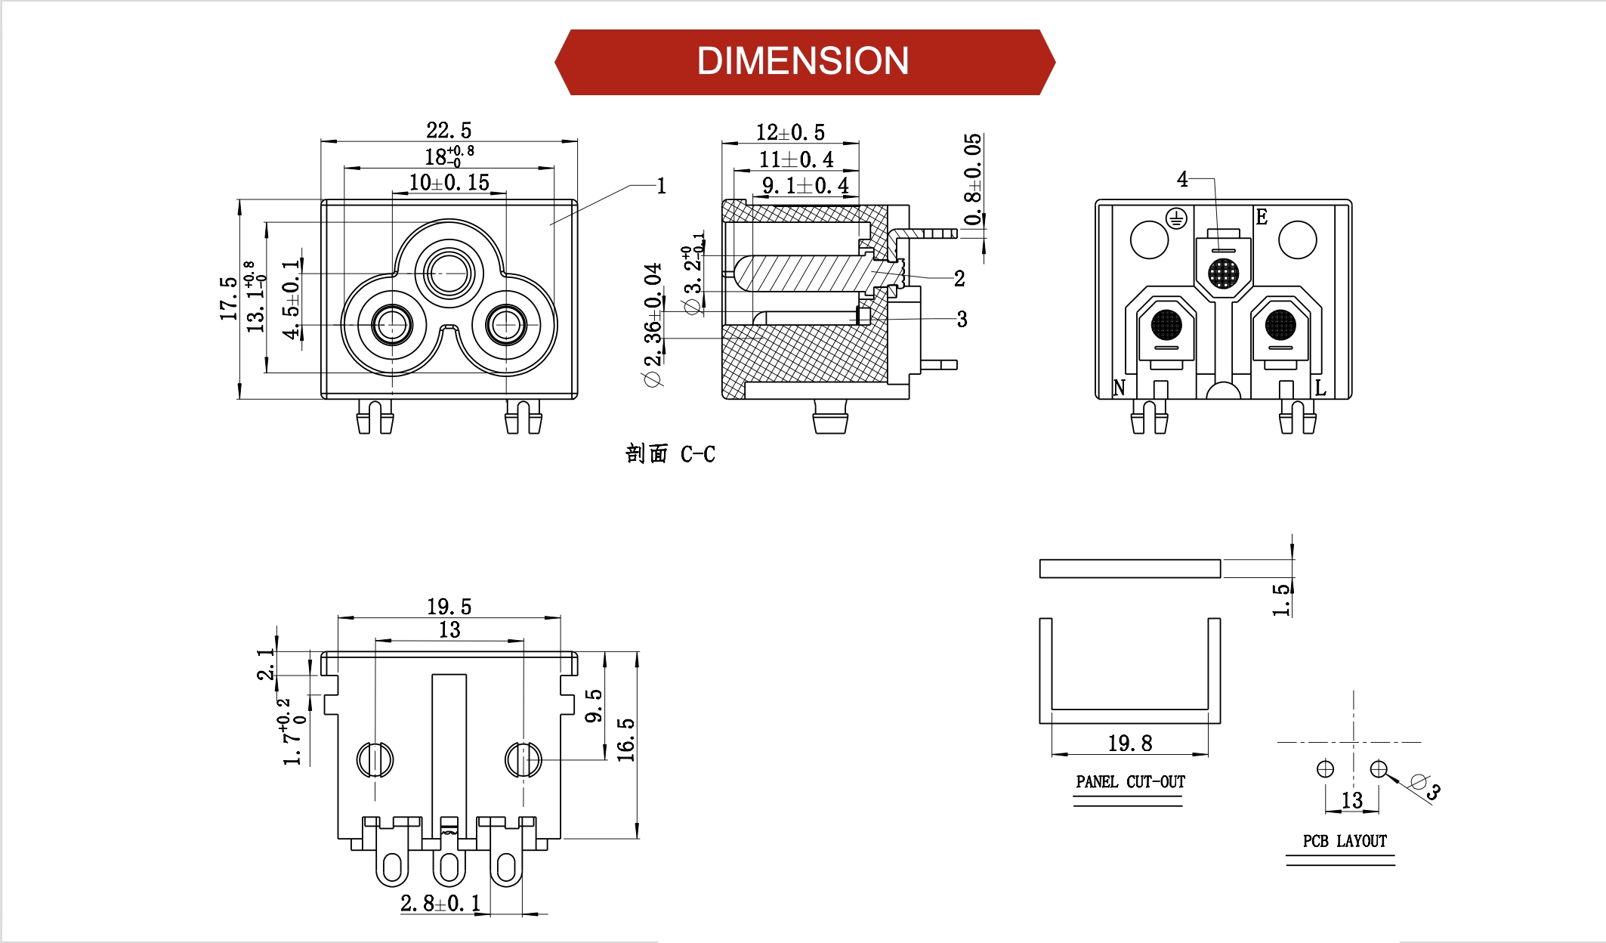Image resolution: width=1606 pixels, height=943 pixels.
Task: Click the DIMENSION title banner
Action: (x=804, y=61)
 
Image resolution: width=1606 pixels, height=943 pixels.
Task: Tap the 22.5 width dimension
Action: (x=449, y=130)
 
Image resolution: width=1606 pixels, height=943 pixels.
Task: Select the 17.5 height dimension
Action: (x=228, y=298)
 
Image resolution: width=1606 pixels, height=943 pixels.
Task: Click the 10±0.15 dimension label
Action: (x=449, y=183)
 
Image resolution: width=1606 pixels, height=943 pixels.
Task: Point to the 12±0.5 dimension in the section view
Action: (x=790, y=133)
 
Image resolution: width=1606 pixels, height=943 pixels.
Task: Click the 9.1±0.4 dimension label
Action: (x=805, y=186)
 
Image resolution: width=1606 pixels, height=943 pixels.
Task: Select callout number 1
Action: (x=661, y=186)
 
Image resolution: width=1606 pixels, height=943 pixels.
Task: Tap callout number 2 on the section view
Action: (x=959, y=279)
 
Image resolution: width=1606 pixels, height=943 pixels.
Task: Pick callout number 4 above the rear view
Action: (x=1182, y=179)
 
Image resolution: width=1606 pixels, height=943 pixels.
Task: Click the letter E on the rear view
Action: (x=1261, y=218)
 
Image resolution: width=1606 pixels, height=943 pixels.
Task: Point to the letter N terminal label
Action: (x=1119, y=388)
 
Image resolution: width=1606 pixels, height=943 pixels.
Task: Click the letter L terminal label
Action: (x=1320, y=388)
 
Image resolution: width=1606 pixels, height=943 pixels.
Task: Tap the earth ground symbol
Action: (x=1176, y=219)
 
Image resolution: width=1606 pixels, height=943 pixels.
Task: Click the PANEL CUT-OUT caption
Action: (x=1130, y=782)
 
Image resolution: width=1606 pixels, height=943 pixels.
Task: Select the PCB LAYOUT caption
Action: (x=1345, y=841)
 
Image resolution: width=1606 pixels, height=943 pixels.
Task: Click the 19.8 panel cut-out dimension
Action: (x=1130, y=744)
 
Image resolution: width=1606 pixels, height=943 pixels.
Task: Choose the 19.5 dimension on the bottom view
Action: (x=449, y=607)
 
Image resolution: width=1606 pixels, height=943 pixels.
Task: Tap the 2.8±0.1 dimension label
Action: (x=440, y=904)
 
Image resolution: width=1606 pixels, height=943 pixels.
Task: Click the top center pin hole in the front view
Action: (x=449, y=273)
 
